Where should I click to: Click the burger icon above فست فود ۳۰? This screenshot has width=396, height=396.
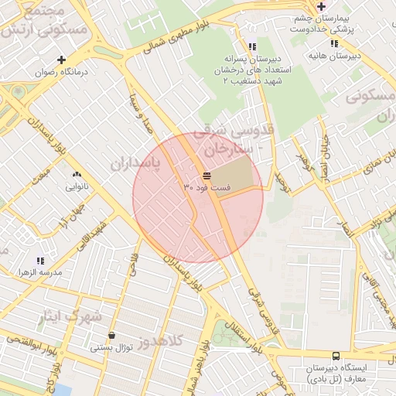click(x=207, y=175)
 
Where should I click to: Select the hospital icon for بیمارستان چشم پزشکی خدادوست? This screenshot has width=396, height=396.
click(x=321, y=6)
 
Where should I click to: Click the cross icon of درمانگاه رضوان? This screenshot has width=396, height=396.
click(x=61, y=60)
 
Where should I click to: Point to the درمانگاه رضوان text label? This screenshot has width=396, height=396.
click(x=61, y=72)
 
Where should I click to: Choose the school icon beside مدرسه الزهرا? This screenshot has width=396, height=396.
click(x=40, y=261)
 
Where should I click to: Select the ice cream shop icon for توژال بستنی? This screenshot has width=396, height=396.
click(x=113, y=336)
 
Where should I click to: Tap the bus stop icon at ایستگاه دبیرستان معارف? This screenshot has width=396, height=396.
click(x=335, y=357)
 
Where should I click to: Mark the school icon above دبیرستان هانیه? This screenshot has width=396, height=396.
click(x=334, y=44)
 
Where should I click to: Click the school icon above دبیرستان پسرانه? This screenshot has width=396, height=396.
click(x=252, y=46)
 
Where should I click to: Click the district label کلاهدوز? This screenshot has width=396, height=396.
click(x=162, y=340)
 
